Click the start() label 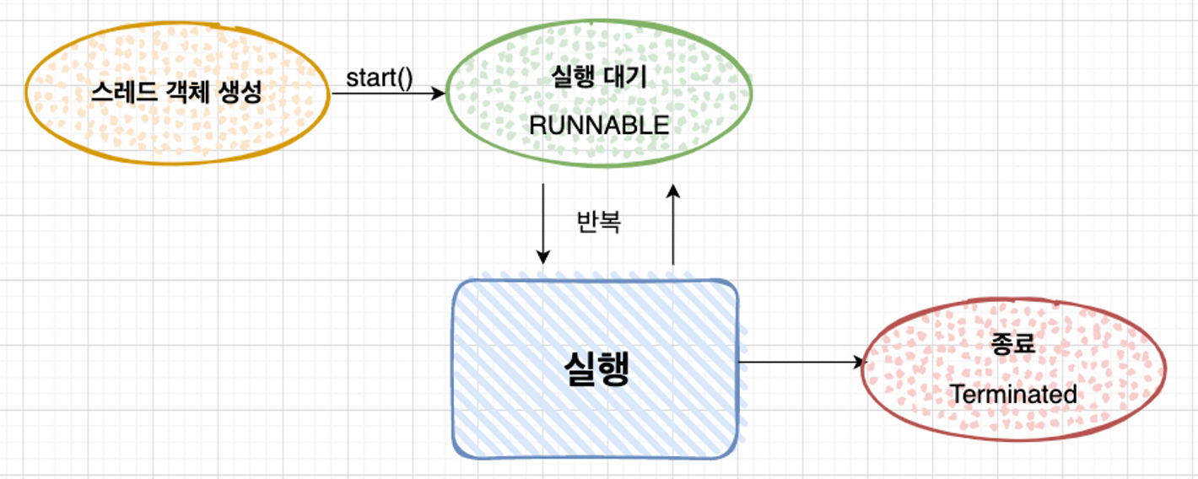pos(379,78)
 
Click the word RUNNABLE pos(598,125)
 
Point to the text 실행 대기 pos(598,78)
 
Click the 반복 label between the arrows pos(598,221)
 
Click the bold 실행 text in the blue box pos(596,368)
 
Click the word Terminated pos(1013,394)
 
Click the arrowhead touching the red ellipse pos(861,363)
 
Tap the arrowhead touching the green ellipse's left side pos(438,94)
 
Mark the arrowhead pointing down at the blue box pos(543,257)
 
